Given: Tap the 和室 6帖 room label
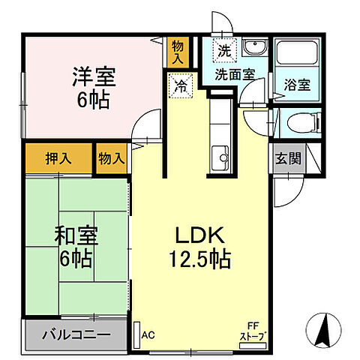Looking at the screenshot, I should (73, 247).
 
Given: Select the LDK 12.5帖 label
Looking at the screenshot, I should (200, 247).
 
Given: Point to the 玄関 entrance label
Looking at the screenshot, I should (286, 158).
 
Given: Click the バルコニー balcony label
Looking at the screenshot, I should (76, 334).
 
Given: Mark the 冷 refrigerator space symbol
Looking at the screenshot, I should (181, 86).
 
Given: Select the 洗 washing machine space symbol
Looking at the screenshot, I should (224, 51).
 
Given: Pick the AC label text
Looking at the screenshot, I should (148, 335).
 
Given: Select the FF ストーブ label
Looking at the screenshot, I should (253, 332).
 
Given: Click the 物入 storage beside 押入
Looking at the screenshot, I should (111, 159).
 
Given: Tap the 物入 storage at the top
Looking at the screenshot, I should (178, 52).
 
